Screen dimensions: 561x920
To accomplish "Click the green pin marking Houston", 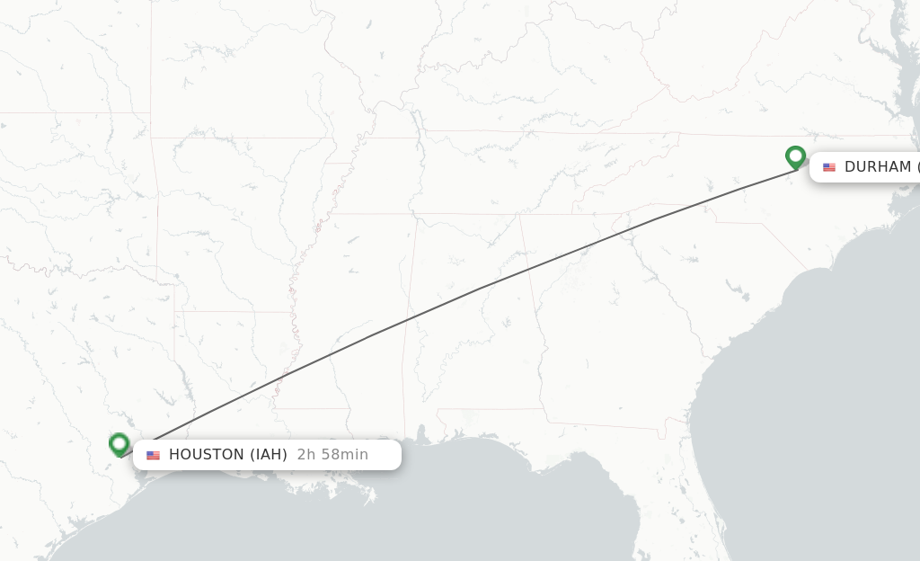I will pos(119,444).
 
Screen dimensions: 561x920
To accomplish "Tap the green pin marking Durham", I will pos(795,157).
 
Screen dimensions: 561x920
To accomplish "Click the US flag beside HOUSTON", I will pos(153,455).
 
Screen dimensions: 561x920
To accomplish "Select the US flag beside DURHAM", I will pos(828,167).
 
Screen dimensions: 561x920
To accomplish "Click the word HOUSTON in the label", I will pos(206,455).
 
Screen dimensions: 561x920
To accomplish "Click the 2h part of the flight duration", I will pos(306,455).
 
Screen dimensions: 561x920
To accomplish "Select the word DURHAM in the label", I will pos(877,167).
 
